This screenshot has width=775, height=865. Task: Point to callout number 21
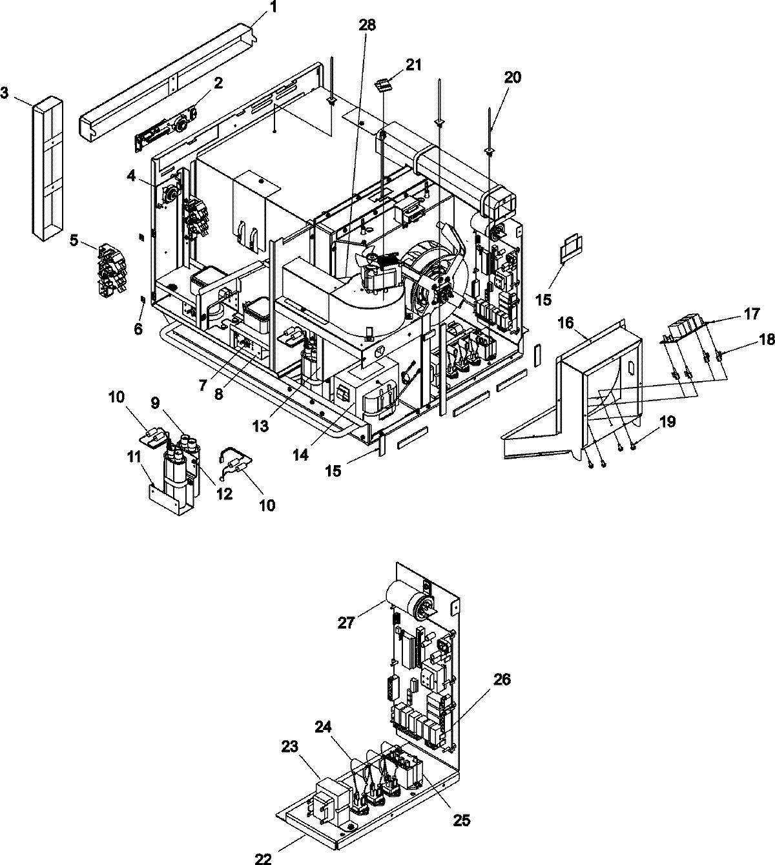(413, 64)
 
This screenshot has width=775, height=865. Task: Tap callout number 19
(667, 422)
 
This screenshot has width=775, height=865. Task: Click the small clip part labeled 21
(384, 85)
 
